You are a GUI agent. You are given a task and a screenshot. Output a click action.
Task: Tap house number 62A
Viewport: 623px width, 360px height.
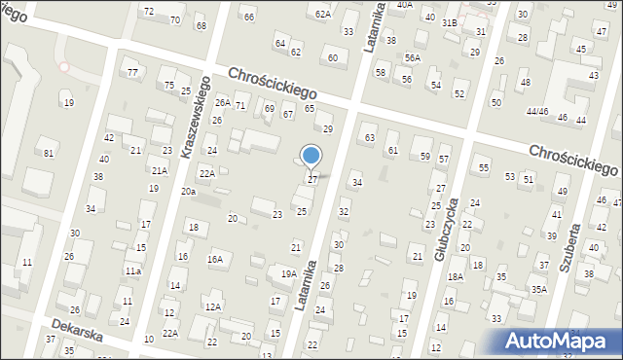pyautogui.click(x=323, y=15)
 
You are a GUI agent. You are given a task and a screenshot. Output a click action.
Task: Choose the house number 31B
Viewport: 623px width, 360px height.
pyautogui.click(x=449, y=22)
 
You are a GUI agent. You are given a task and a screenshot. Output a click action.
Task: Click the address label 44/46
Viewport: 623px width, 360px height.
pyautogui.click(x=537, y=112)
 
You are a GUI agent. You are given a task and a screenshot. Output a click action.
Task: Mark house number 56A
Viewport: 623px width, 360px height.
pyautogui.click(x=413, y=58)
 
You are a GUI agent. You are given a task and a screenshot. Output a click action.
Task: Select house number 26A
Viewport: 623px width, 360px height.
pyautogui.click(x=223, y=102)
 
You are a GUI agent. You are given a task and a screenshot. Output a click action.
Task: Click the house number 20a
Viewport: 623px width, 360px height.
pyautogui.click(x=188, y=192)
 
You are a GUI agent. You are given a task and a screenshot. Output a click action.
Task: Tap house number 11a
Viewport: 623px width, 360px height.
pyautogui.click(x=132, y=271)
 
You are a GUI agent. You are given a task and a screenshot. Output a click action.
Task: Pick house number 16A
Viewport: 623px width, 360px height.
pyautogui.click(x=214, y=260)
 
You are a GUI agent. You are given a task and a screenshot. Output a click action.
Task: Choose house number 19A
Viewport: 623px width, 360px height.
pyautogui.click(x=289, y=274)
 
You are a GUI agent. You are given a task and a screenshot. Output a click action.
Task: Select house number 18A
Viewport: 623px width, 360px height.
pyautogui.click(x=455, y=276)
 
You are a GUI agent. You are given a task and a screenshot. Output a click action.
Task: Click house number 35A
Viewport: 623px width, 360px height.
pyautogui.click(x=538, y=289)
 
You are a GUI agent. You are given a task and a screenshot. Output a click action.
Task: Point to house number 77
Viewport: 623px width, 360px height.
pyautogui.click(x=131, y=73)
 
